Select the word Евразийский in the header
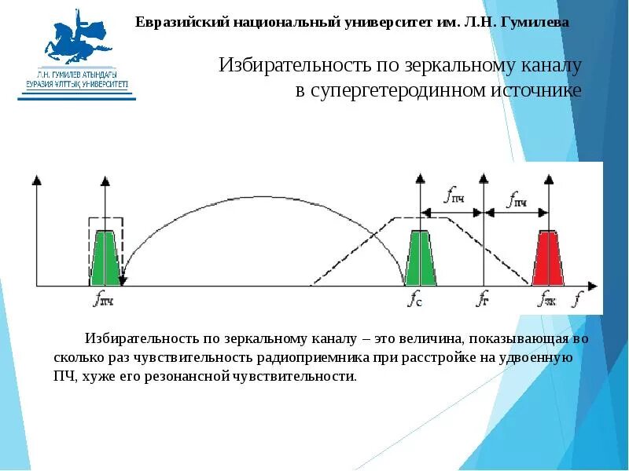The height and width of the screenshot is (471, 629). [176, 23]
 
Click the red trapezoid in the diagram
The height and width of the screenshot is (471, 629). [550, 258]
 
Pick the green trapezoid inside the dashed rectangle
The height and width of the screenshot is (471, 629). [105, 258]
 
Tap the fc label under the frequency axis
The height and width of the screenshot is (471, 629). [415, 298]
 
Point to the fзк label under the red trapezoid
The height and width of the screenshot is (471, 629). [548, 298]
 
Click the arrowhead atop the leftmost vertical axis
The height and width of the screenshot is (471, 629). [35, 180]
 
